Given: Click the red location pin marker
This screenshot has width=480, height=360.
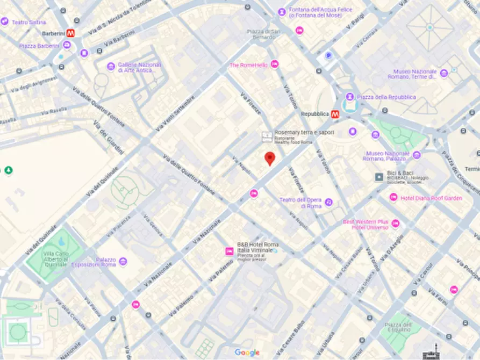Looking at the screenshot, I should pyautogui.click(x=270, y=158).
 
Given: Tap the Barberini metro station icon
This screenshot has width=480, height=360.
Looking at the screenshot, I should pyautogui.click(x=71, y=33).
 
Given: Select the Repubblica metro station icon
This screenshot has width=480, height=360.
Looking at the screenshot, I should pyautogui.click(x=335, y=114).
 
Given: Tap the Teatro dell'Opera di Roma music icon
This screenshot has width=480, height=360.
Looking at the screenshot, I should pyautogui.click(x=328, y=203).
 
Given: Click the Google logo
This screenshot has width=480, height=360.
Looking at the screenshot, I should pyautogui.click(x=247, y=352).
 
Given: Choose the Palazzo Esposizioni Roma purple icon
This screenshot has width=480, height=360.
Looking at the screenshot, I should pyautogui.click(x=123, y=262).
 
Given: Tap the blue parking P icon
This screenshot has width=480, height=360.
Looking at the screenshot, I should pyautogui.click(x=328, y=55).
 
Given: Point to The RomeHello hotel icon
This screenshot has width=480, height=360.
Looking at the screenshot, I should pyautogui.click(x=275, y=64).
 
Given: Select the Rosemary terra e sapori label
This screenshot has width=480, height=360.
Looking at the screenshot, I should pyautogui.click(x=304, y=132).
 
